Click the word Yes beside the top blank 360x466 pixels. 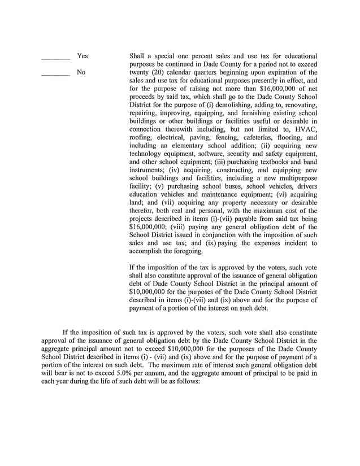pos(83,56)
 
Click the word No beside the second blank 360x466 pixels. pos(81,72)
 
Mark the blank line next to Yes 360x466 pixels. pos(55,58)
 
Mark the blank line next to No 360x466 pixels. pos(55,75)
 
